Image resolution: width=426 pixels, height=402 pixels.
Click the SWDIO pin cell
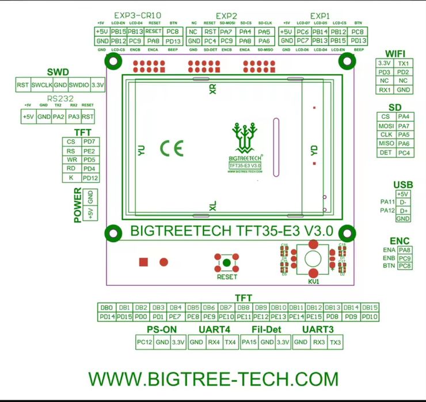click(80, 85)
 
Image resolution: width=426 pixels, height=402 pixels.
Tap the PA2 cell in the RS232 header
click(59, 117)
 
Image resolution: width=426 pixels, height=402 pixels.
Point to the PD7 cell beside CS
click(89, 141)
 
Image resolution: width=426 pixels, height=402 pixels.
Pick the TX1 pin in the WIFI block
click(404, 63)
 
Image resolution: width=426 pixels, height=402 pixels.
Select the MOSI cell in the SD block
click(386, 125)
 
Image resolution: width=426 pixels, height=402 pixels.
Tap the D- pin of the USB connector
click(403, 202)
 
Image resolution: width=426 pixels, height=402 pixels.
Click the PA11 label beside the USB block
click(387, 202)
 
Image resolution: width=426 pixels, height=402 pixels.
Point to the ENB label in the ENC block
click(389, 258)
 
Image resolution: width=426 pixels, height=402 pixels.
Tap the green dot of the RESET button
click(226, 264)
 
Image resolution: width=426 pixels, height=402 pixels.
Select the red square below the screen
click(143, 262)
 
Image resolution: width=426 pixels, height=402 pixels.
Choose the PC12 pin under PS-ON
click(144, 343)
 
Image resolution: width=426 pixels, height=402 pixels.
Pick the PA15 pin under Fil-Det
click(249, 343)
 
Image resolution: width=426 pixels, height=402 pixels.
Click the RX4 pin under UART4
click(214, 343)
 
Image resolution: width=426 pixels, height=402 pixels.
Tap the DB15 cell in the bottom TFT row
click(370, 308)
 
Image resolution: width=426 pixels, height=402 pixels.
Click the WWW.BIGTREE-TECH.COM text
click(213, 378)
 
